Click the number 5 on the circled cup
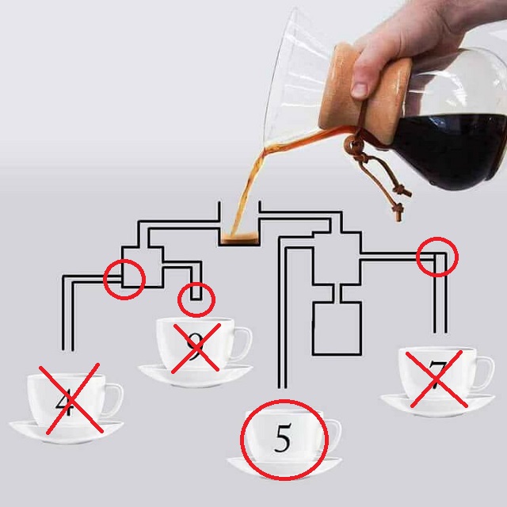(283, 437)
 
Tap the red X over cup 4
(69, 399)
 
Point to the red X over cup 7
(435, 379)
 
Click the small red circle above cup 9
(196, 299)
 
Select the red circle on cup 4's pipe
(124, 279)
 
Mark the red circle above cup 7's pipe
(436, 256)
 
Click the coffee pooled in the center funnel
(238, 238)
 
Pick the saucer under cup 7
(435, 403)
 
